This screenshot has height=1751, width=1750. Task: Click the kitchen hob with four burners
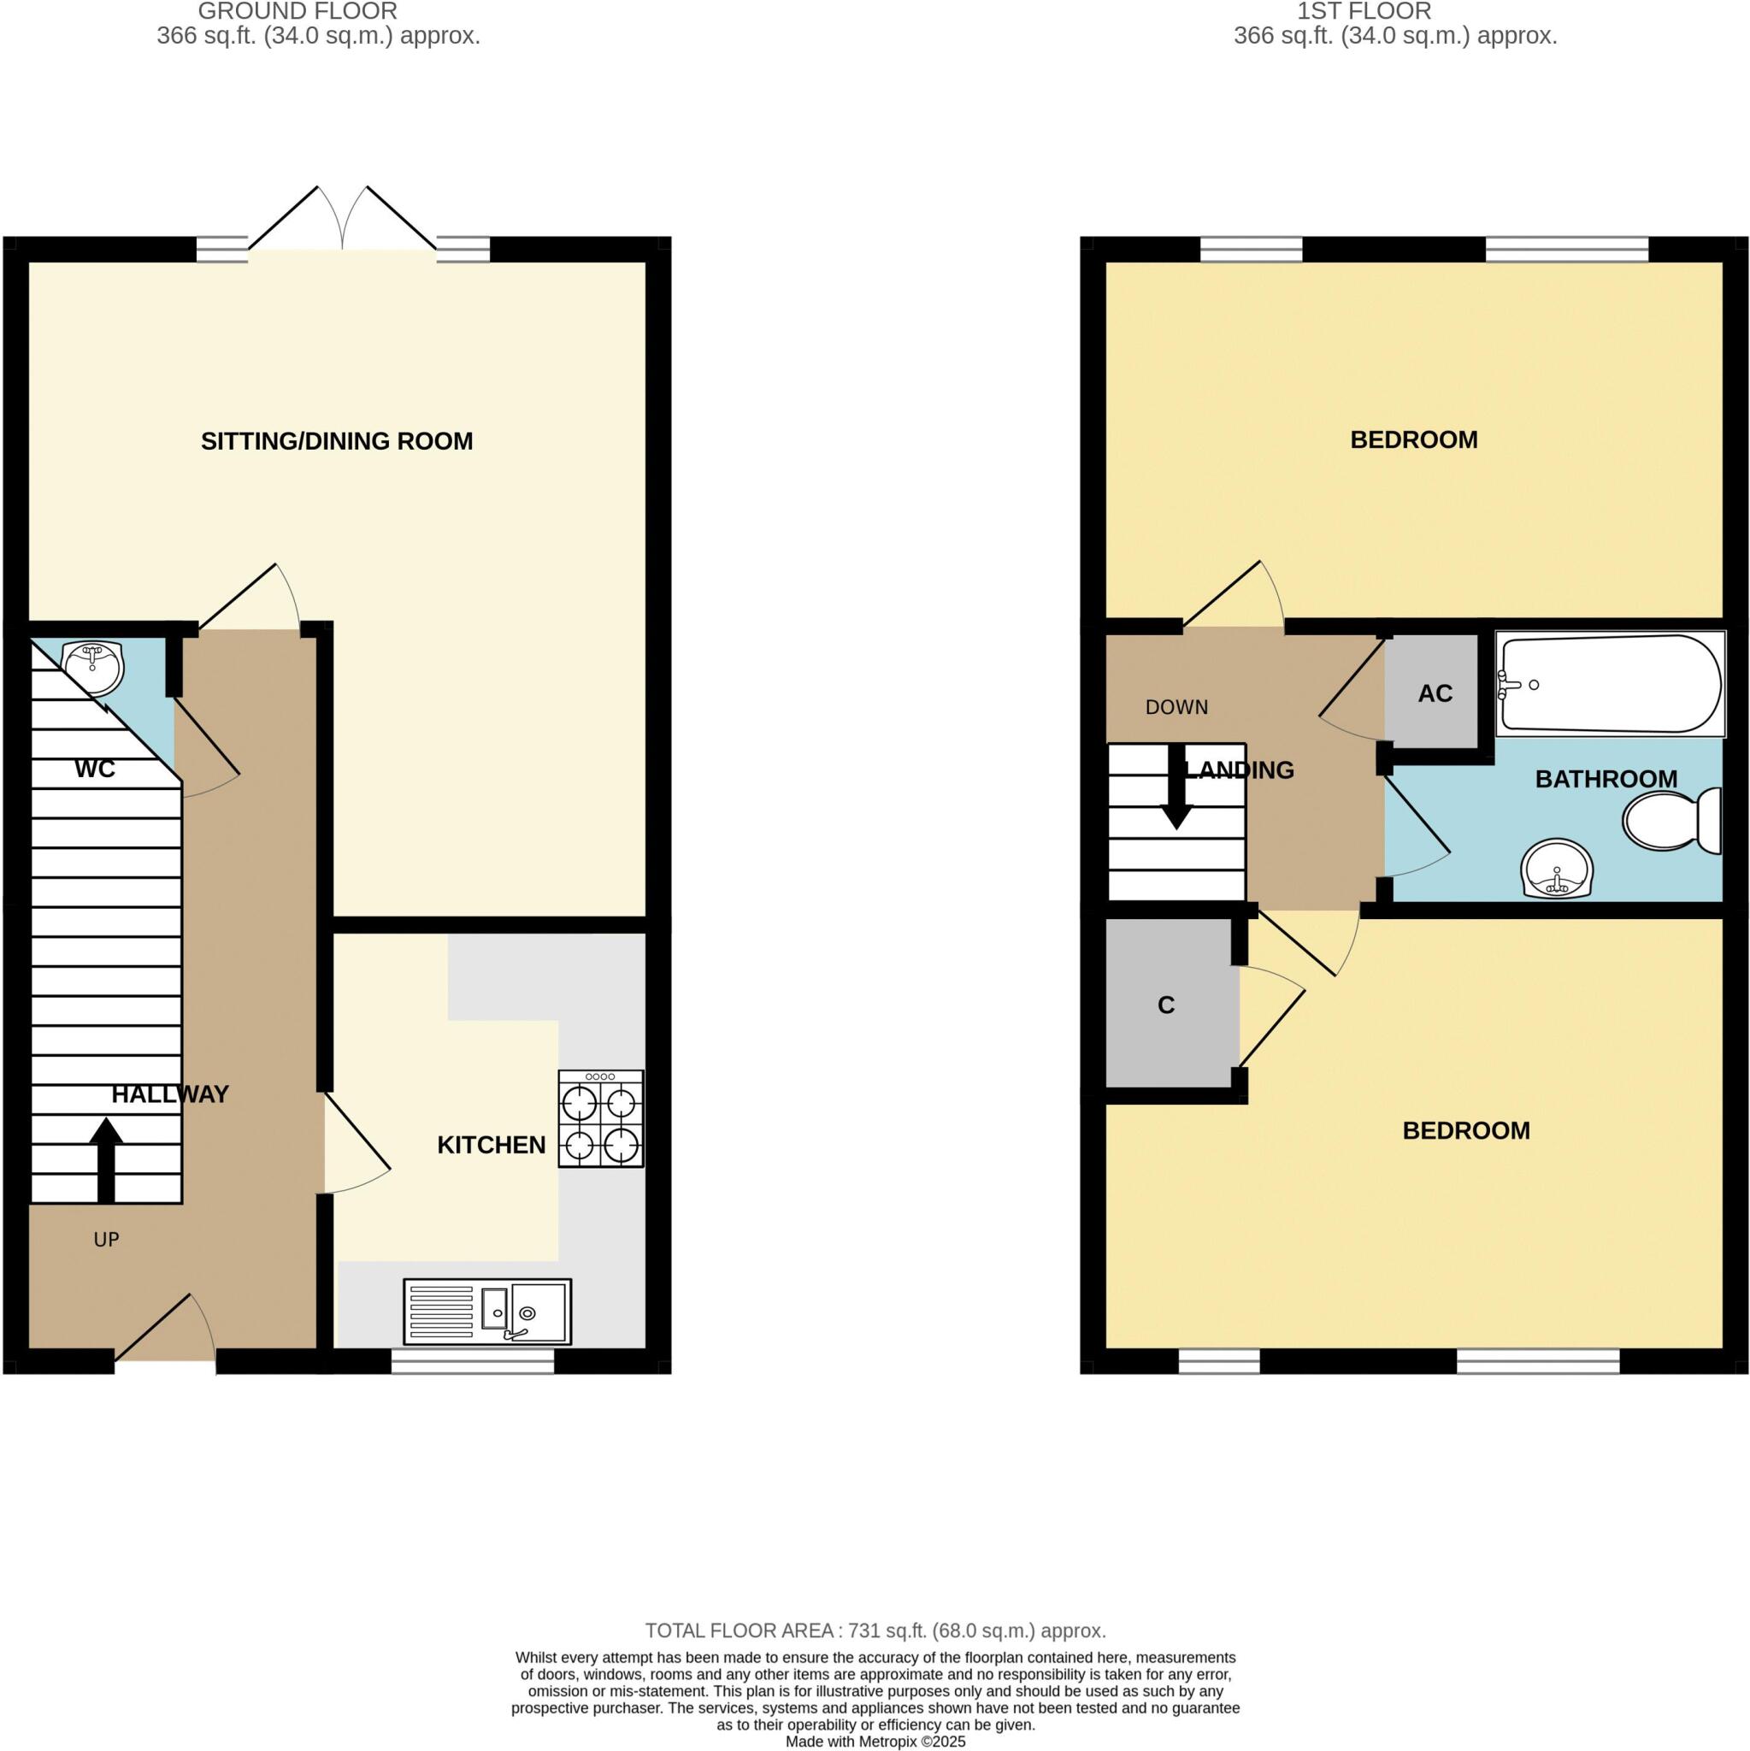click(600, 1118)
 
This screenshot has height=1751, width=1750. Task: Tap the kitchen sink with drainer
click(486, 1312)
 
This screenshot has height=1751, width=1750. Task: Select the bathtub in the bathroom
click(1609, 684)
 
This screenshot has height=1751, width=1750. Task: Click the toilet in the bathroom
click(1670, 820)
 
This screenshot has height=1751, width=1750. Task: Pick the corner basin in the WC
click(94, 666)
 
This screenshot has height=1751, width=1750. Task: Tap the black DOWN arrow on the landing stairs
click(1176, 787)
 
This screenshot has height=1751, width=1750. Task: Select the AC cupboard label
click(1435, 693)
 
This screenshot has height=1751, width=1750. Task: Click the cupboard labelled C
click(1166, 1005)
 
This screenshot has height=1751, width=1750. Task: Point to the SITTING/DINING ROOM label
click(336, 441)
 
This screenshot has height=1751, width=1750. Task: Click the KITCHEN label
click(492, 1146)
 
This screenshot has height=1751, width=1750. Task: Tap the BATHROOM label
click(1606, 779)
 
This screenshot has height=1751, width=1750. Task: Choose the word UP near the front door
click(106, 1240)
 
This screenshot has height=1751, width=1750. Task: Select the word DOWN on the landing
click(1176, 707)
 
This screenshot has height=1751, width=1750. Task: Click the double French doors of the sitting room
click(343, 222)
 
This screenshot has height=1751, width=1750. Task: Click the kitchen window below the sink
click(472, 1361)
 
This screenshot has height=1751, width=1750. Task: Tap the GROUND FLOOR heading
click(298, 12)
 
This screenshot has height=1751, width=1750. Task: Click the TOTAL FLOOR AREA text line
click(875, 1630)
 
